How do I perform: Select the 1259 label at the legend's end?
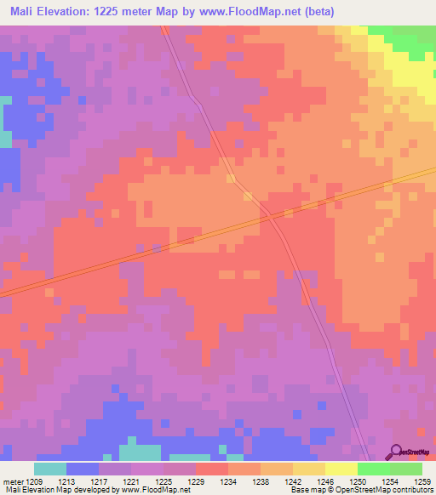pos(422,481)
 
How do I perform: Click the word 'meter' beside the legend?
pos(14,481)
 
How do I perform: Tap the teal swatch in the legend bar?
pos(50,469)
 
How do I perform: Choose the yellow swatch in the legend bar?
pos(341,469)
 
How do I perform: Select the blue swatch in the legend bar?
pos(83,469)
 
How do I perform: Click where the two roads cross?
pos(269,217)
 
